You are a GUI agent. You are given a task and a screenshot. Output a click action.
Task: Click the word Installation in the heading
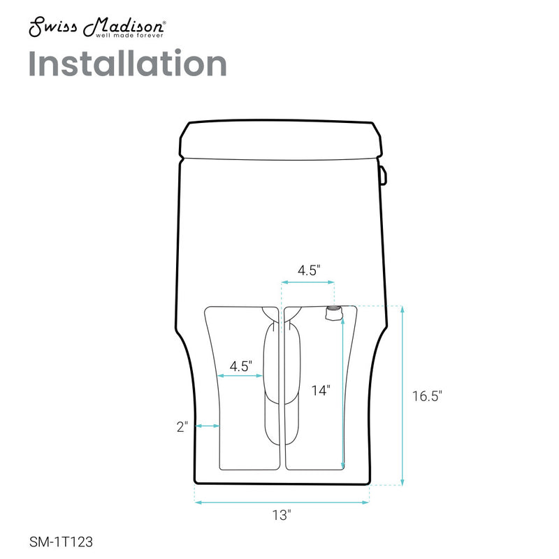[x=128, y=64]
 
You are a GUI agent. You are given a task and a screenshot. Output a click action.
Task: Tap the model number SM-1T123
[x=61, y=540]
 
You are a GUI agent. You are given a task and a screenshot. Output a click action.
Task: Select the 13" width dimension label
[x=282, y=516]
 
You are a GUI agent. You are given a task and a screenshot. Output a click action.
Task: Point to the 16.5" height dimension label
[x=427, y=396]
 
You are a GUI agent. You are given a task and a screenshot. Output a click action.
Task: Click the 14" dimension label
[x=320, y=391]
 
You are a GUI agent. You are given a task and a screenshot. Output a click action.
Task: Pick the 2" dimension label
[x=183, y=427]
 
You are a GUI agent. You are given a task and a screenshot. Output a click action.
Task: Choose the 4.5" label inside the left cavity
[x=240, y=365]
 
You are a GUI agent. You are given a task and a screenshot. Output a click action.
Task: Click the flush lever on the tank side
[x=384, y=175]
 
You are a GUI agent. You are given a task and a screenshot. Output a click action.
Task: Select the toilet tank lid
[x=282, y=139]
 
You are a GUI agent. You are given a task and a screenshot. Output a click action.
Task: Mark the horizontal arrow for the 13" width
[x=282, y=501]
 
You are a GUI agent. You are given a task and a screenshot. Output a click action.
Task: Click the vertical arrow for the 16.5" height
[x=403, y=395]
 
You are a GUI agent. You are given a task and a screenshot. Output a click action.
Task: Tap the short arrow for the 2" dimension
[x=208, y=426]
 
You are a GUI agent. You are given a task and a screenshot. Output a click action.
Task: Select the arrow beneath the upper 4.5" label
[x=308, y=282]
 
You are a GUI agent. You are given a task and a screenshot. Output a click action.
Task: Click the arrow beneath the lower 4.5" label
[x=240, y=376]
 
